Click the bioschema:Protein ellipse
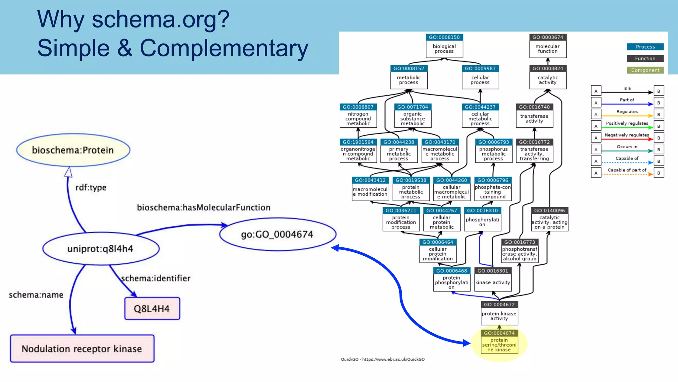pos(73,150)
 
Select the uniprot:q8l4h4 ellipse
pos(101,249)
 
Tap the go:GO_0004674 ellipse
pos(277,234)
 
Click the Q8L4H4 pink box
pos(152,309)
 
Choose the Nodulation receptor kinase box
pos(82,349)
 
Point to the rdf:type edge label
pos(91,187)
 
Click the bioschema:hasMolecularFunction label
pos(204,208)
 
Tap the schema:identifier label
pos(156,278)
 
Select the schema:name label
pos(36,295)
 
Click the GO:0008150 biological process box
pos(444,46)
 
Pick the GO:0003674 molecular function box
pos(548,46)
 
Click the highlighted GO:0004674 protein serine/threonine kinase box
pos(499,342)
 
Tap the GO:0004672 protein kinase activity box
pos(499,313)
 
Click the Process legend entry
pos(645,47)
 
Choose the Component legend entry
pos(645,70)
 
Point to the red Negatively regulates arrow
pos(627,139)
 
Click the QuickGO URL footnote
pos(383,359)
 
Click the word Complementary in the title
pos(224,48)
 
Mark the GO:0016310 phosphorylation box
pos(482,219)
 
